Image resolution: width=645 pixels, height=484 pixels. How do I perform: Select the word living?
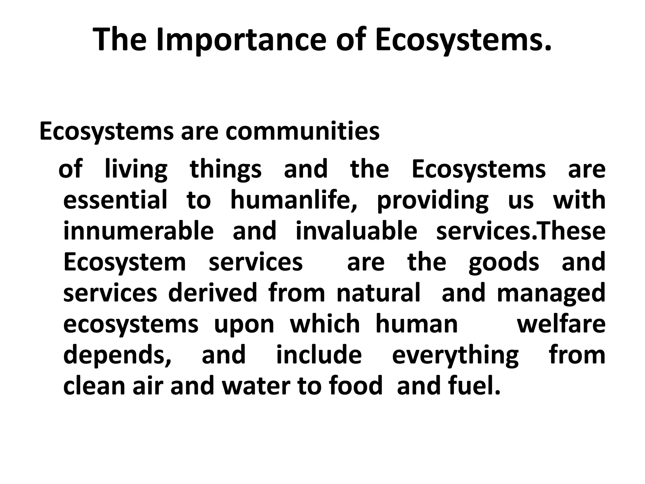[136, 170]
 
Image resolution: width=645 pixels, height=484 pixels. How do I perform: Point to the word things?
[225, 170]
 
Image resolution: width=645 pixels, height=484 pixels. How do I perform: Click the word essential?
[115, 200]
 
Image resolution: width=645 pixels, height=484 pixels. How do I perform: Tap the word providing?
[432, 201]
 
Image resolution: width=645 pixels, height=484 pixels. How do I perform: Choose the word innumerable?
[139, 231]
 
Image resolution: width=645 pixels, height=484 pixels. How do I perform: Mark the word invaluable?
[357, 231]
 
